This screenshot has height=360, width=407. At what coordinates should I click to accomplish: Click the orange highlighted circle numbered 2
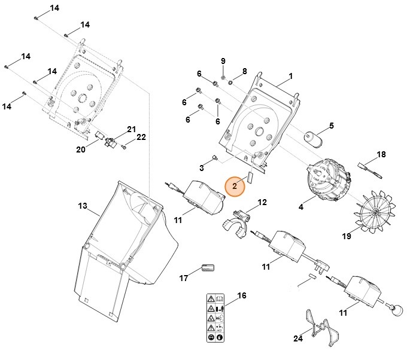click(x=235, y=186)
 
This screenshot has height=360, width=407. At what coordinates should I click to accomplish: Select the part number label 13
click(x=83, y=206)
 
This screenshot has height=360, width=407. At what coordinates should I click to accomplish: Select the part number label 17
click(x=184, y=278)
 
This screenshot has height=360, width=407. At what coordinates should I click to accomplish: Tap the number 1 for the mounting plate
click(x=290, y=77)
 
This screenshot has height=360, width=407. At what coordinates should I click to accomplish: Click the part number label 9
click(x=223, y=62)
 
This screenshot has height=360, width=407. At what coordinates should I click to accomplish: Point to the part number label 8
click(x=244, y=71)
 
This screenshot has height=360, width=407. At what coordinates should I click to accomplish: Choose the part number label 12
click(x=262, y=203)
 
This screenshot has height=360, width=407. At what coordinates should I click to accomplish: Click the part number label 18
click(x=381, y=154)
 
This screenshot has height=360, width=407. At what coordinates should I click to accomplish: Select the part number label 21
click(x=132, y=129)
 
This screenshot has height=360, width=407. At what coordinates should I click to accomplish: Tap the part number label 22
click(x=141, y=138)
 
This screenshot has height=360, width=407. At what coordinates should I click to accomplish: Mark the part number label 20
click(x=81, y=150)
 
